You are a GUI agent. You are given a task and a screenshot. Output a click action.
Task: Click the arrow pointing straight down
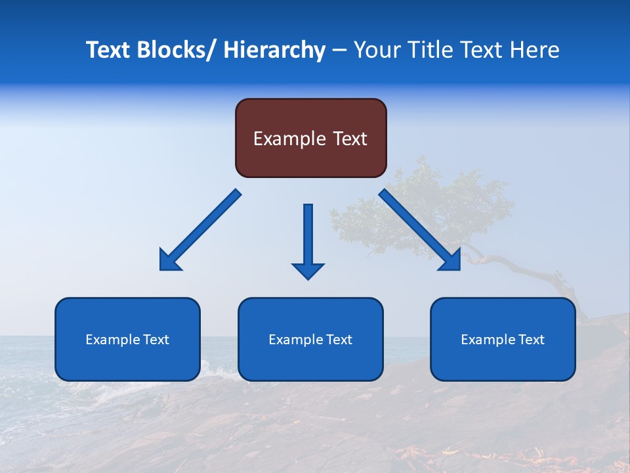[308, 240]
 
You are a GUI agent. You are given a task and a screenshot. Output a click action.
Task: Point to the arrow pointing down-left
[199, 230]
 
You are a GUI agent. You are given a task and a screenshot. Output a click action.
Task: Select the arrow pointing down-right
[420, 230]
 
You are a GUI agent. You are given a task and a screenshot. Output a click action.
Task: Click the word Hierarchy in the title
[274, 50]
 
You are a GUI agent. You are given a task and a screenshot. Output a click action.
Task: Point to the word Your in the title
[376, 50]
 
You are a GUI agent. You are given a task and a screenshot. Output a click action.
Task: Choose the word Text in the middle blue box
[340, 340]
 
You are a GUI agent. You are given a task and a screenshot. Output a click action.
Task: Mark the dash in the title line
[339, 51]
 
